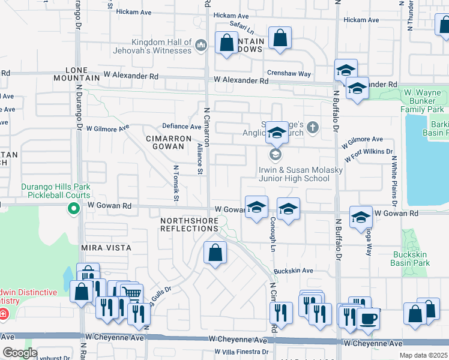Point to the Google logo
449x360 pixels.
pos(20,353)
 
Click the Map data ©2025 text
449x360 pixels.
pos(424,355)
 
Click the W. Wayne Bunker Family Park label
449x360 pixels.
pos(423,101)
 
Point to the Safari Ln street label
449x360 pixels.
pos(242,27)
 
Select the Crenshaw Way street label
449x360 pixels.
pos(289,74)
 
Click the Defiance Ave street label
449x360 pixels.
pos(182,127)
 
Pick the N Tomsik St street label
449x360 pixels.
pos(176,183)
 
